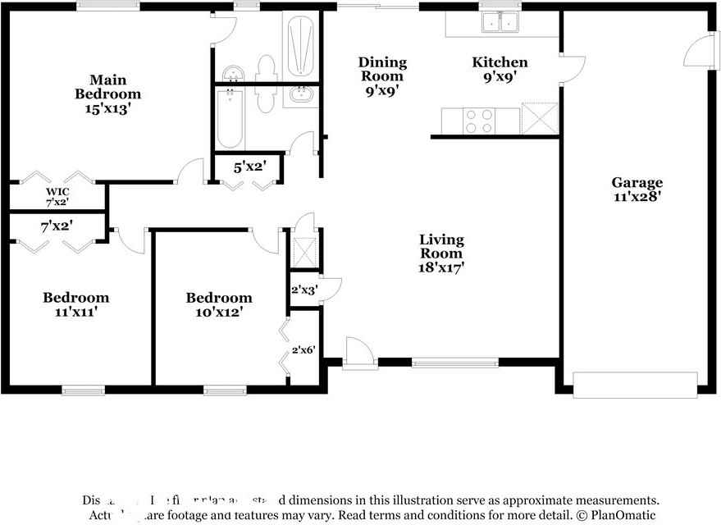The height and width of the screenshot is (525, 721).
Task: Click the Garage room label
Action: coord(637,182)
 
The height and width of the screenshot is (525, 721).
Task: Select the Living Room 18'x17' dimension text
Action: coord(441,267)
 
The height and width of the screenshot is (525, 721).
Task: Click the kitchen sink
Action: coord(500,22)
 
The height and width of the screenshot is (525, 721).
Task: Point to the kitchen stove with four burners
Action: coord(480,121)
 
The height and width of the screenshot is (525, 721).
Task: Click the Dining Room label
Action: coord(382,69)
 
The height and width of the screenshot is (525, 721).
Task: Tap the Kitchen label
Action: coord(500,62)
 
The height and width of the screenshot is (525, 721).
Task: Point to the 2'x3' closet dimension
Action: coord(303,290)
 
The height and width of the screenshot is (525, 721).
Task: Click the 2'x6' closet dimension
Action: coord(303,350)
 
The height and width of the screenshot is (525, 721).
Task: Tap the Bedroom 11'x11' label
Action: coord(75,304)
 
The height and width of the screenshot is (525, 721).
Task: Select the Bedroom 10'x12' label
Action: coord(218,304)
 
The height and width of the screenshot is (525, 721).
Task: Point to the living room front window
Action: coord(454,362)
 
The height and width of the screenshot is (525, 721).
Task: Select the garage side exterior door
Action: coord(696,51)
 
